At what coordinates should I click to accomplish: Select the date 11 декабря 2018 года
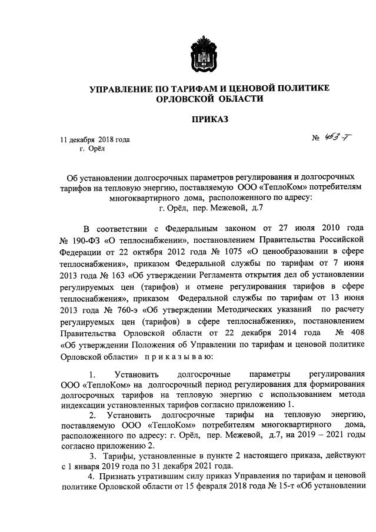pyautogui.click(x=95, y=140)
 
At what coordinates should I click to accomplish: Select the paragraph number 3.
pyautogui.click(x=91, y=456)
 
